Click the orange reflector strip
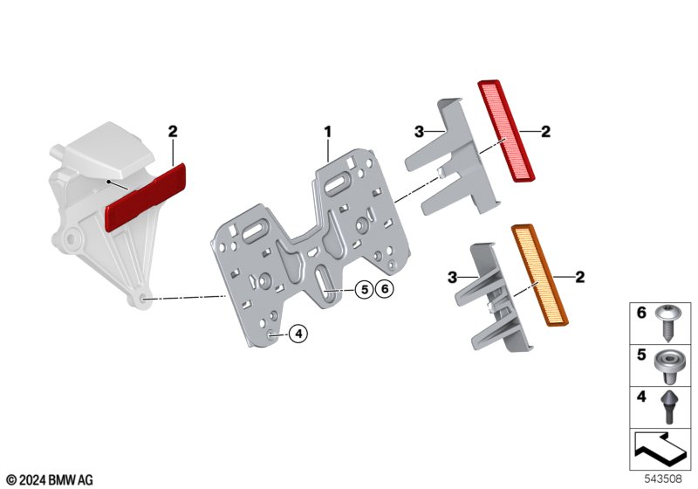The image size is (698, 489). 539,275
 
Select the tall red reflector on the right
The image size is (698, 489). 506,130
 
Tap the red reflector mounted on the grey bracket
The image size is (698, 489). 145,197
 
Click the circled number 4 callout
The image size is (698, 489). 298,333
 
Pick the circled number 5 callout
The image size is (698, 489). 364,290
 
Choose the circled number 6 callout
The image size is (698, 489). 385,290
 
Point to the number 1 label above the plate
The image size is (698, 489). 328,132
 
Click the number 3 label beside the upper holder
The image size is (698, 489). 419,132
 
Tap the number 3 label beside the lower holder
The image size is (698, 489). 452,278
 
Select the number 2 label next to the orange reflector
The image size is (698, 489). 579,277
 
